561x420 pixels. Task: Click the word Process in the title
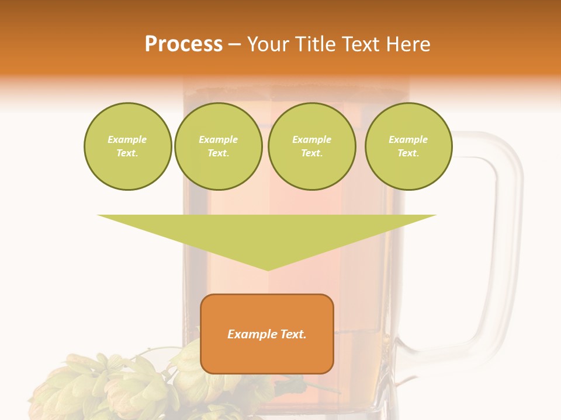click(x=183, y=44)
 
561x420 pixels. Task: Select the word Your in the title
click(x=268, y=44)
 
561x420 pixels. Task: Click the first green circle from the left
click(x=127, y=146)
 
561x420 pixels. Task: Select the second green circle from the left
click(x=218, y=146)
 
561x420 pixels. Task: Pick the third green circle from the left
click(x=311, y=146)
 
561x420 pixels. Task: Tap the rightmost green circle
click(x=408, y=146)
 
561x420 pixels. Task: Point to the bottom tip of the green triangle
click(x=268, y=269)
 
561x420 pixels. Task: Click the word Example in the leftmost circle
click(x=127, y=139)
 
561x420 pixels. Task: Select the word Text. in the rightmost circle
click(x=408, y=153)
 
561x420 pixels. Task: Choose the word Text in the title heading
click(x=359, y=44)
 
